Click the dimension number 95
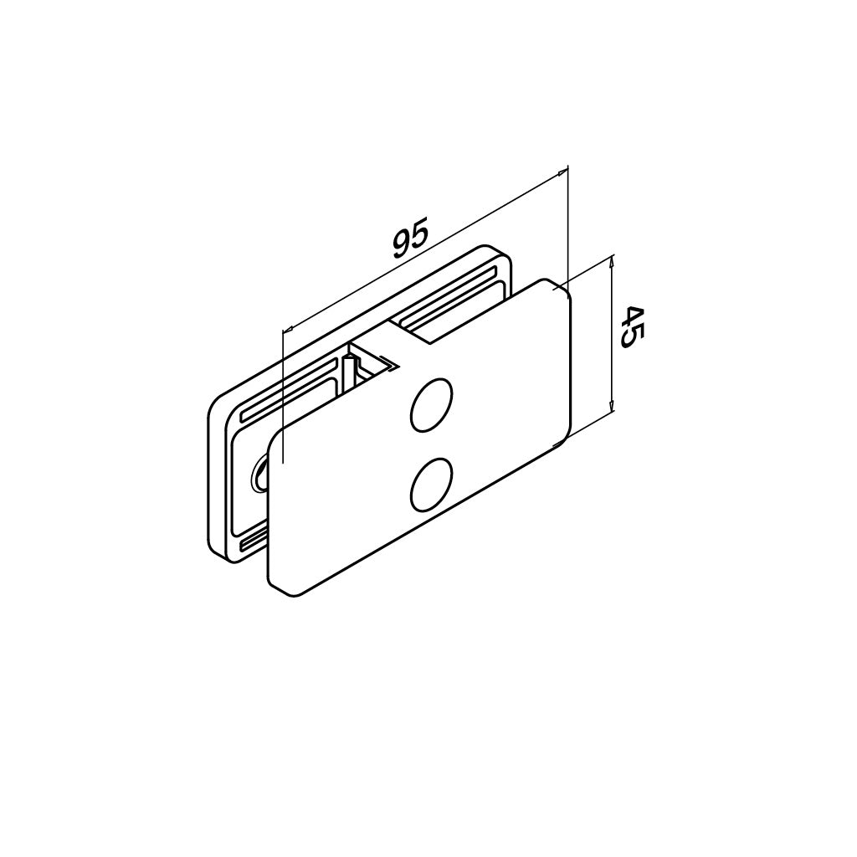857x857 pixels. tap(409, 238)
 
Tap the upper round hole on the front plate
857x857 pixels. tap(432, 406)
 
